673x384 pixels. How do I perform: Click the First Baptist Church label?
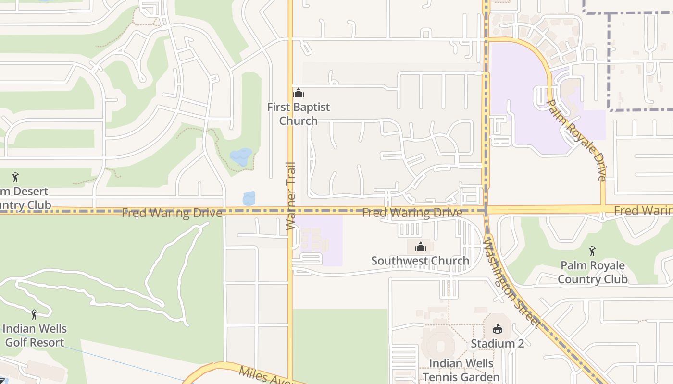(299, 114)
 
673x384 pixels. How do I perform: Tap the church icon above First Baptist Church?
(299, 93)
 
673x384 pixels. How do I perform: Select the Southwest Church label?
(420, 261)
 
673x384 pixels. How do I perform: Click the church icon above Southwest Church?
(421, 247)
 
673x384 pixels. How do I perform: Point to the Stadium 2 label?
(497, 344)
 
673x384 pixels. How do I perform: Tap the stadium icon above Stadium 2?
(498, 329)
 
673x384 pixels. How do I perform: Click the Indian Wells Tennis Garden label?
(461, 370)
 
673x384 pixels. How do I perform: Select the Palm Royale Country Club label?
(592, 272)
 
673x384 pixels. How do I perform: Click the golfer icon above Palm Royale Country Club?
(592, 251)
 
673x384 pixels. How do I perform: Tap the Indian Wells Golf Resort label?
(34, 336)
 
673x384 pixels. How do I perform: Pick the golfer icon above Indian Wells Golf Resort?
(34, 315)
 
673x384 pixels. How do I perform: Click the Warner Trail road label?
(290, 196)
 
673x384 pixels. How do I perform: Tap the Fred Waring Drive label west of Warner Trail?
(172, 213)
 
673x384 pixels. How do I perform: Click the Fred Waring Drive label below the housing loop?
(412, 212)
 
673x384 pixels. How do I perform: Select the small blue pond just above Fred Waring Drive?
(249, 198)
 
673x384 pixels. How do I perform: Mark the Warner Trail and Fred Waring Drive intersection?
(290, 210)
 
